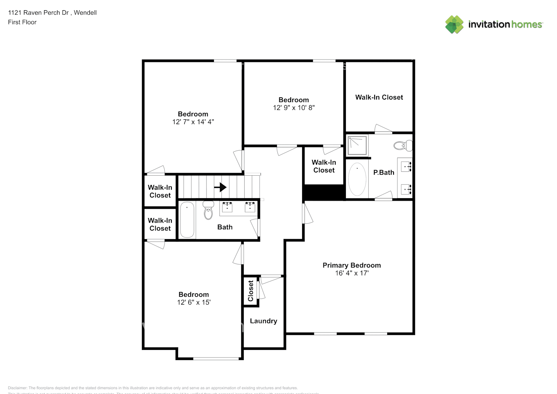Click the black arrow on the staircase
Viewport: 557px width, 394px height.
tap(221, 187)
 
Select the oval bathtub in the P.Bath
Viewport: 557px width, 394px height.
tap(357, 179)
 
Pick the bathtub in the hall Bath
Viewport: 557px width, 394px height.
tap(187, 220)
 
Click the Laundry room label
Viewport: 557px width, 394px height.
tap(263, 321)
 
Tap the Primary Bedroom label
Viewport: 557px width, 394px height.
tap(351, 265)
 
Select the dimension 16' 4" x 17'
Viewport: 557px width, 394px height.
tap(351, 273)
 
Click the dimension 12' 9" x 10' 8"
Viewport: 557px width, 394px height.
tap(293, 108)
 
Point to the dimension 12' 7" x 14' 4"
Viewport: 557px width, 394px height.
tap(193, 122)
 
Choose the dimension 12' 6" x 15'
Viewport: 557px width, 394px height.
tap(193, 302)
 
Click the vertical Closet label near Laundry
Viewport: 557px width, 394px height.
tap(251, 291)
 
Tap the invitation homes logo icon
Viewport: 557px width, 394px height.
tap(454, 24)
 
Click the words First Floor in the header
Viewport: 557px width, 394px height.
tap(22, 22)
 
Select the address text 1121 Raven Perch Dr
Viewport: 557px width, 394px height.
tap(38, 13)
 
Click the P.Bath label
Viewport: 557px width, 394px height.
tap(383, 172)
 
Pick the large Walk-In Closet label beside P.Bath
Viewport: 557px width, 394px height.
tap(379, 97)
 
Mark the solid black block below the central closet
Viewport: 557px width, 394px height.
tap(323, 193)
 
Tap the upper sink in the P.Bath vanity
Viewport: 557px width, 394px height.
tap(406, 167)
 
